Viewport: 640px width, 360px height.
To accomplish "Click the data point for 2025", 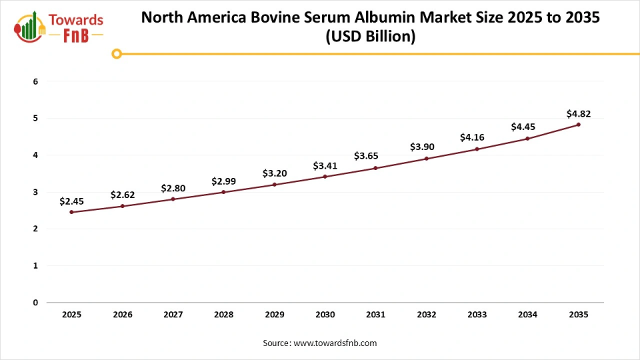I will pyautogui.click(x=71, y=212).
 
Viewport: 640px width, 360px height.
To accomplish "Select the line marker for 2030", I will pyautogui.click(x=325, y=177).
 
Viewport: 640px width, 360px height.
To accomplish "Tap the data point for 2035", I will pyautogui.click(x=578, y=125).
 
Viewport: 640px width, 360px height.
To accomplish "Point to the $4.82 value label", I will pyautogui.click(x=578, y=113).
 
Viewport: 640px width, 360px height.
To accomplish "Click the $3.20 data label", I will pyautogui.click(x=274, y=173).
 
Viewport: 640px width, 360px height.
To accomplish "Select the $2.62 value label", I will pyautogui.click(x=122, y=195).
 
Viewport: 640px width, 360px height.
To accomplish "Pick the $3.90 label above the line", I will pyautogui.click(x=426, y=147).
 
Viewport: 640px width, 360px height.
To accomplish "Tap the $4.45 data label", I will pyautogui.click(x=527, y=127).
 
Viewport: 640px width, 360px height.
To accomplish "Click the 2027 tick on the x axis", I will pyautogui.click(x=173, y=314).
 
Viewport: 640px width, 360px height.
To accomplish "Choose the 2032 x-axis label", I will pyautogui.click(x=426, y=314).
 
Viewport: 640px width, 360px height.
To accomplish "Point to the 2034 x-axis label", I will pyautogui.click(x=527, y=314).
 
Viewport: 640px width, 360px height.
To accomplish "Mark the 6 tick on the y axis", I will pyautogui.click(x=36, y=82).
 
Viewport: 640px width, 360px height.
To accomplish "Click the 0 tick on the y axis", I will pyautogui.click(x=36, y=303).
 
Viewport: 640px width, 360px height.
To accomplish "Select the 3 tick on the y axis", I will pyautogui.click(x=36, y=192).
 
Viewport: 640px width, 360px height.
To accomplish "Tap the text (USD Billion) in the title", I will pyautogui.click(x=370, y=37).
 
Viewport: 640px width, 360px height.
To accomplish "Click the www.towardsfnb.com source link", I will pyautogui.click(x=335, y=343).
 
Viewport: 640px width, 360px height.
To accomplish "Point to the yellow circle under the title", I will pyautogui.click(x=117, y=54).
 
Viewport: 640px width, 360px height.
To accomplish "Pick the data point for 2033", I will pyautogui.click(x=477, y=149).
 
